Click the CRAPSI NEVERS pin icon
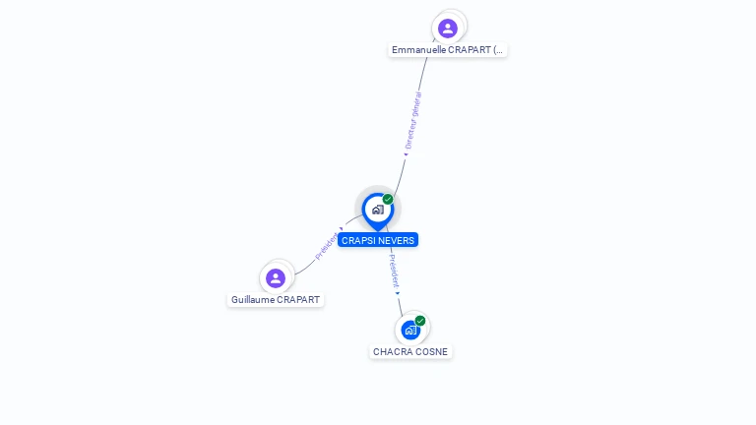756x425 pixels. (x=377, y=209)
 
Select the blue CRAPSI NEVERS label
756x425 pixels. (x=378, y=240)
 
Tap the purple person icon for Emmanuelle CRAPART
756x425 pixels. (x=448, y=28)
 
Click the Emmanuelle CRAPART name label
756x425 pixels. (x=448, y=49)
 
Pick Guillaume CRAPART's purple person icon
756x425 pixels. (x=276, y=277)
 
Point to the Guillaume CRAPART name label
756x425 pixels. (x=276, y=300)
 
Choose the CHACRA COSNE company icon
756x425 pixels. (x=410, y=331)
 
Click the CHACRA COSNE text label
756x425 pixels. (x=410, y=352)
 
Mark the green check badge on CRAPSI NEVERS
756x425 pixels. (x=388, y=200)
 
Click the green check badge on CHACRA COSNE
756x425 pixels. (x=420, y=321)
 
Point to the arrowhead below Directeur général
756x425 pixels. (x=406, y=154)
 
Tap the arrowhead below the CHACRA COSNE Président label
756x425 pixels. (x=398, y=292)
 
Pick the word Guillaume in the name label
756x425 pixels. (x=252, y=300)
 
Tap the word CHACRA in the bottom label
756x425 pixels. (x=391, y=352)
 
